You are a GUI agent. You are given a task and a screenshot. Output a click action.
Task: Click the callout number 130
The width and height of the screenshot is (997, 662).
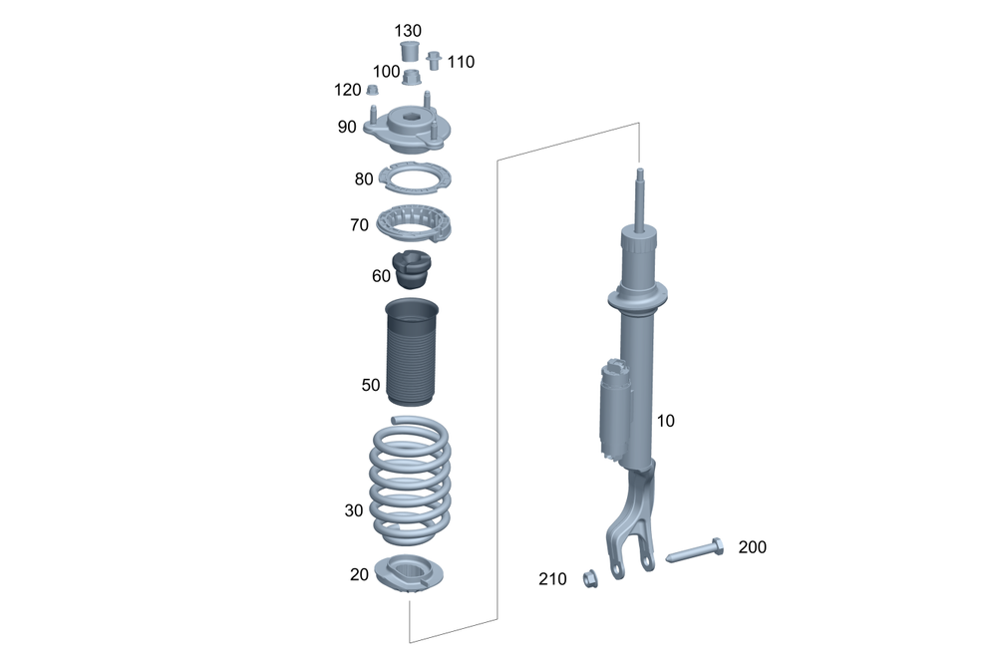click(409, 31)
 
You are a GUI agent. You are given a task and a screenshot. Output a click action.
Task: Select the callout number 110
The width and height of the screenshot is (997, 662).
click(461, 62)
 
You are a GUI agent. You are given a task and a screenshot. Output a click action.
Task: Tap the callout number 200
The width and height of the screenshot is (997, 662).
click(752, 546)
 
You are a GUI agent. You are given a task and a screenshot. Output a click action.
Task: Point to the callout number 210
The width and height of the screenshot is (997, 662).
click(552, 578)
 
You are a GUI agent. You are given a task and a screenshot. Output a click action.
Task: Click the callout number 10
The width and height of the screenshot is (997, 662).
click(665, 421)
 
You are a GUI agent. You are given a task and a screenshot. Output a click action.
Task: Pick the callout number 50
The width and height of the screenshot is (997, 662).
click(371, 384)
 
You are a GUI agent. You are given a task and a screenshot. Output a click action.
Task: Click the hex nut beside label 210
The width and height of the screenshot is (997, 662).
click(589, 576)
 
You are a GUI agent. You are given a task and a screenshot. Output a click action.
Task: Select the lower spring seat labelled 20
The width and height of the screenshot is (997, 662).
click(412, 575)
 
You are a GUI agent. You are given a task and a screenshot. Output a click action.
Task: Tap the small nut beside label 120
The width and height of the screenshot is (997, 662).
click(372, 92)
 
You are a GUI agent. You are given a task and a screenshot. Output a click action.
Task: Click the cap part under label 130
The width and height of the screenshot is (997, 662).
click(409, 51)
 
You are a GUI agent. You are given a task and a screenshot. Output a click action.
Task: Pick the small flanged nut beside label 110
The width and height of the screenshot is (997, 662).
click(434, 61)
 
